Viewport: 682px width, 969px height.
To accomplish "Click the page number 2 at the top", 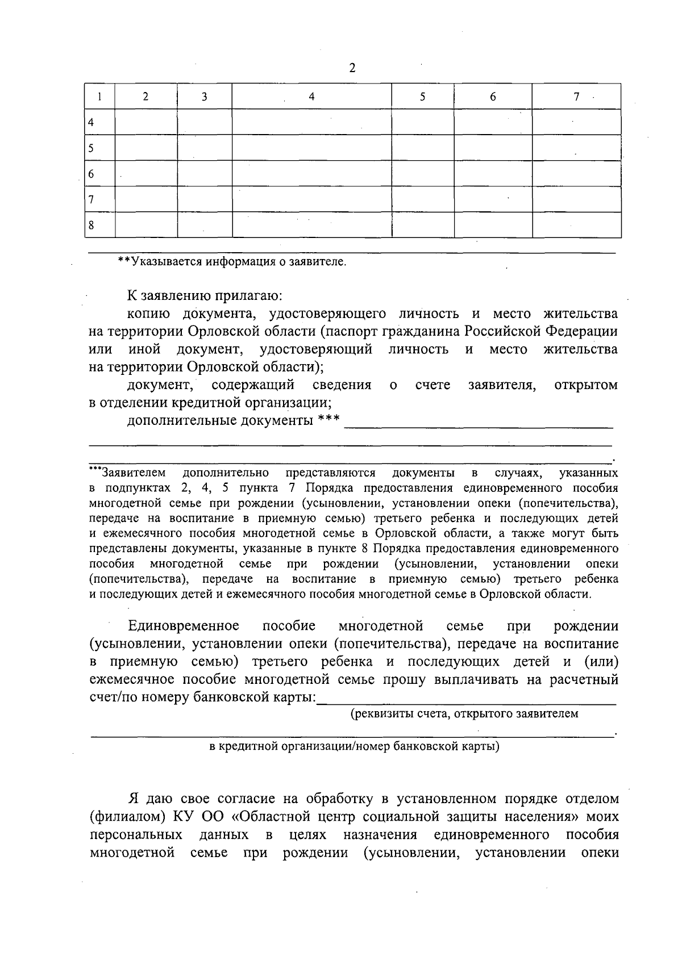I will click(x=352, y=68).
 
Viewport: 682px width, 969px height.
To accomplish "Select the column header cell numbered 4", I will click(x=311, y=97).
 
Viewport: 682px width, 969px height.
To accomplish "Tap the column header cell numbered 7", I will click(x=576, y=97).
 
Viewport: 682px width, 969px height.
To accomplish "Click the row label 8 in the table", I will click(x=90, y=226).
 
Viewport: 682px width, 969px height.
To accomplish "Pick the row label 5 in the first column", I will click(x=90, y=148).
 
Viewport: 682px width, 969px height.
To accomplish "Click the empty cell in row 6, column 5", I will click(x=422, y=174).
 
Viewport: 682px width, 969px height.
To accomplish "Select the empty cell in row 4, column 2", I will click(x=146, y=122).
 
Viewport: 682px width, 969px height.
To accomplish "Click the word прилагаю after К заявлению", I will click(x=247, y=296).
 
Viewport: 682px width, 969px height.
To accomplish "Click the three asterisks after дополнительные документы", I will click(x=329, y=420).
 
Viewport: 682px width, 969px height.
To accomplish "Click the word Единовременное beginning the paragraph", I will click(x=184, y=626).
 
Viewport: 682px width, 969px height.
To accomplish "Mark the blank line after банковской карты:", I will click(x=467, y=702).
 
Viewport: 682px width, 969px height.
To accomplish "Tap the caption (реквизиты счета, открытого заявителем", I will click(x=464, y=714).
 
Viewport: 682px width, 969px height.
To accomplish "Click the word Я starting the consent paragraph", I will click(x=134, y=799).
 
